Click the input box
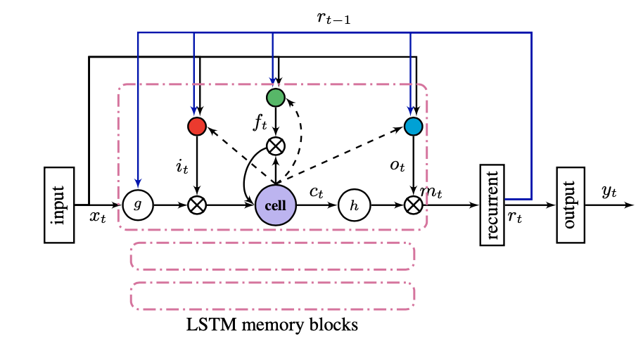point(59,205)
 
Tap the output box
point(570,205)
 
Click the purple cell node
point(275,205)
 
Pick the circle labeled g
point(137,205)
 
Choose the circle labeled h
point(353,205)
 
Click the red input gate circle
point(197,127)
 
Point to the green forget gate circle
point(275,97)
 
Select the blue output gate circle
point(414,127)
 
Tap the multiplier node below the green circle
point(275,146)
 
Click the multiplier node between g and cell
point(197,205)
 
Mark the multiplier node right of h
point(414,205)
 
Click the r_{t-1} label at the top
point(333,19)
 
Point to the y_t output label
point(609,191)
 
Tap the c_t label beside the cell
point(317,191)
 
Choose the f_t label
point(260,124)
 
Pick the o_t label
point(397,167)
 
